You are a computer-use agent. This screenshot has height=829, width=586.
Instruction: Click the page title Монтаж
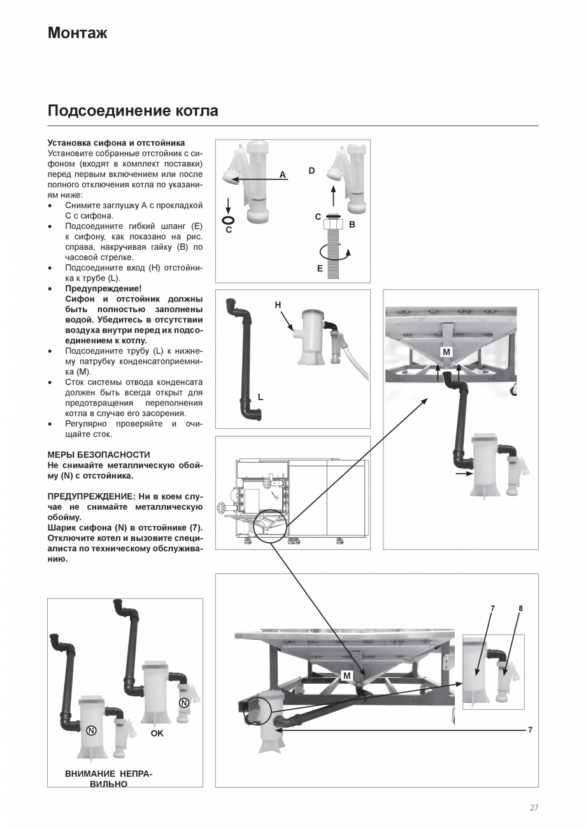[77, 33]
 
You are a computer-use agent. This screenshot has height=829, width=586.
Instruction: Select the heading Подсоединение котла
[132, 111]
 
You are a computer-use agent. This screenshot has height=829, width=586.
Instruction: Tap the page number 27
[534, 808]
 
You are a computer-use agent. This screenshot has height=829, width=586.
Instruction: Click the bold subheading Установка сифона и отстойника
[116, 143]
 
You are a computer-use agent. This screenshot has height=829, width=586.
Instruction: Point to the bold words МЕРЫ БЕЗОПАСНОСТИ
[99, 455]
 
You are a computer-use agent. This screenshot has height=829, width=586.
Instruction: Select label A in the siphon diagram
[282, 175]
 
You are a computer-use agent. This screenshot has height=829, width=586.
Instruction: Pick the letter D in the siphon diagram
[311, 171]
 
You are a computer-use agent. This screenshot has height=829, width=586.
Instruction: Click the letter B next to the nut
[352, 225]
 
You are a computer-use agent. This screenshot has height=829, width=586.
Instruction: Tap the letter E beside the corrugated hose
[320, 269]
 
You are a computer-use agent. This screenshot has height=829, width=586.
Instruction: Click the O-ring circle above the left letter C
[228, 220]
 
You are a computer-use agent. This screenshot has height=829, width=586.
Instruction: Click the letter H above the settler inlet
[278, 305]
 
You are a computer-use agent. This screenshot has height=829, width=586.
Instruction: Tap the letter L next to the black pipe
[261, 397]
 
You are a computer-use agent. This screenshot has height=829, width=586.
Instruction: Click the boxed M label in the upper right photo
[446, 352]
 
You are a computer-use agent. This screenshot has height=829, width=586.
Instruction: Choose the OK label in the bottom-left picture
[157, 733]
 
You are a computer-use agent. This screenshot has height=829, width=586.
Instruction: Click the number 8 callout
[520, 609]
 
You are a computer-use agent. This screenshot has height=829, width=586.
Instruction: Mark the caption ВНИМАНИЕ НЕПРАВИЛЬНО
[108, 779]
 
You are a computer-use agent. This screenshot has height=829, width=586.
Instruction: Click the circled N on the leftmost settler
[91, 730]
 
